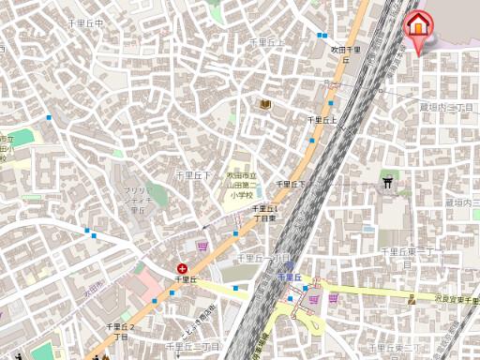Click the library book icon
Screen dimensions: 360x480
(266, 103)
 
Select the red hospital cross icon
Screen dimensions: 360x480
(182, 269)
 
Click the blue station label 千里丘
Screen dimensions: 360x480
(290, 277)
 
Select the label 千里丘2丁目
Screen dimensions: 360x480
(120, 330)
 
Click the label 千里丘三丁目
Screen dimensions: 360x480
(199, 346)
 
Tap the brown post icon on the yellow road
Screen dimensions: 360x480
(412, 299)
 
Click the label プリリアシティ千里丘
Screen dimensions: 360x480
(138, 200)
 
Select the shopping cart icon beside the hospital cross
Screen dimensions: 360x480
(202, 246)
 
